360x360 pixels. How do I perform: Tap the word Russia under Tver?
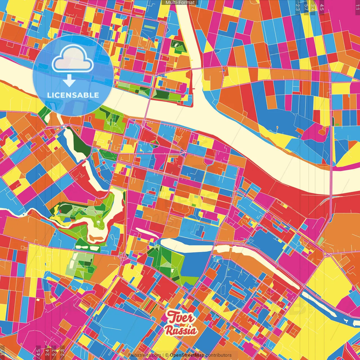[181, 330]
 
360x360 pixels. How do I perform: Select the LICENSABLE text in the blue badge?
[73, 95]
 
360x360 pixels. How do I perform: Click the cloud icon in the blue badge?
[73, 59]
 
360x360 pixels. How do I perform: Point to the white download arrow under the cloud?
[69, 80]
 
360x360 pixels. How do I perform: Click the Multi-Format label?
[180, 3]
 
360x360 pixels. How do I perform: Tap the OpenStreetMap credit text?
[187, 355]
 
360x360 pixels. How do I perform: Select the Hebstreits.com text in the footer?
[145, 355]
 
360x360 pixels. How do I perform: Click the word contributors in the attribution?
[219, 355]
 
